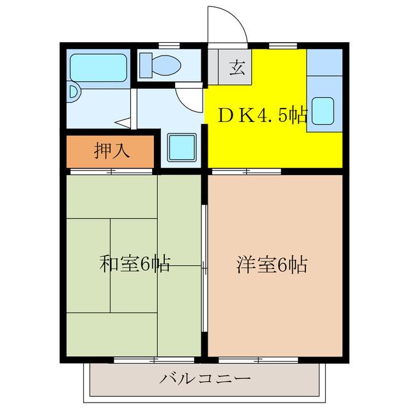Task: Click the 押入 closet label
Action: (x=112, y=151)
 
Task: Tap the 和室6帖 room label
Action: (x=134, y=264)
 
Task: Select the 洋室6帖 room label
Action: (x=272, y=264)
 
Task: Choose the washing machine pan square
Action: (x=181, y=148)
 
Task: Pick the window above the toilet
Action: (x=168, y=44)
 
